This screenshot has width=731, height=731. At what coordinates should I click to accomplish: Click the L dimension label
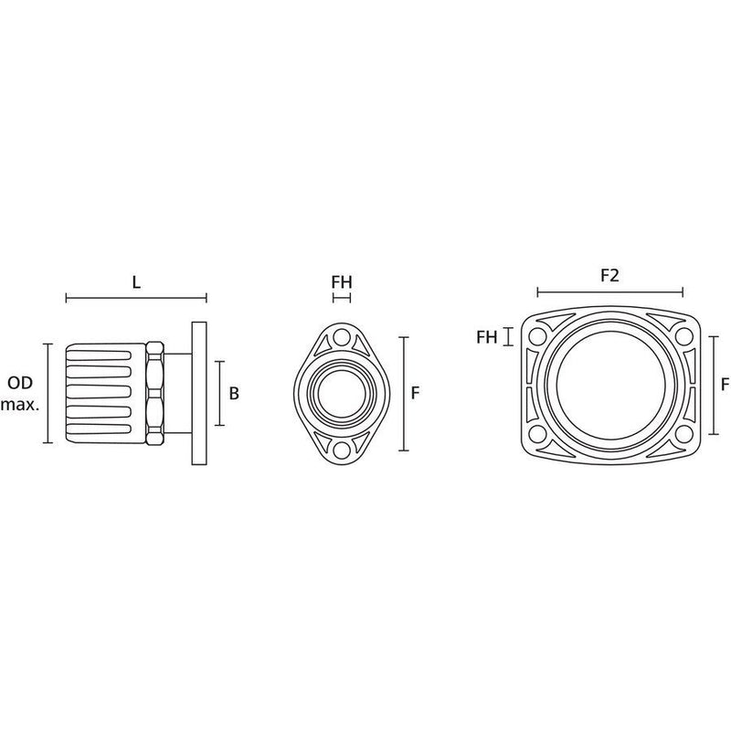pyautogui.click(x=136, y=282)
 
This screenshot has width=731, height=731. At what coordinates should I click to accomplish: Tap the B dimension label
pyautogui.click(x=234, y=394)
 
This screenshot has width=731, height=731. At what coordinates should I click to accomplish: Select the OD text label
pyautogui.click(x=20, y=383)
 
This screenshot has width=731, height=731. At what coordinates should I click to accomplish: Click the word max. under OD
pyautogui.click(x=20, y=405)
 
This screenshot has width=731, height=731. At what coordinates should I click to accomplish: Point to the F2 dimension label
pyautogui.click(x=609, y=276)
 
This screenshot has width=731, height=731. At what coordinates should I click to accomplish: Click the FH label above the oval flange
pyautogui.click(x=342, y=282)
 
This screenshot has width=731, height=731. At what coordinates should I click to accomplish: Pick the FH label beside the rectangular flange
pyautogui.click(x=487, y=337)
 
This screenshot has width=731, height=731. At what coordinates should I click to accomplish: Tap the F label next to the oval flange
pyautogui.click(x=415, y=394)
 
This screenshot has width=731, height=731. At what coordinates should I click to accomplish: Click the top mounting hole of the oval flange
pyautogui.click(x=342, y=336)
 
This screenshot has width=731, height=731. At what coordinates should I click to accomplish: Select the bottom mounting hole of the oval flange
pyautogui.click(x=342, y=450)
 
